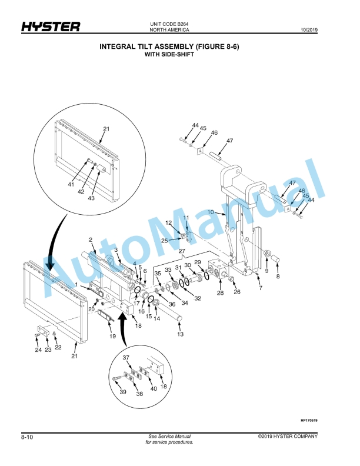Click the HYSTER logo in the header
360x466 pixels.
pyautogui.click(x=51, y=27)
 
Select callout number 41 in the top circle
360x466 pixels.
pyautogui.click(x=71, y=185)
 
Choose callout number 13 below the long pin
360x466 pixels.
pyautogui.click(x=181, y=334)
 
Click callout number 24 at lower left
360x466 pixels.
pyautogui.click(x=38, y=349)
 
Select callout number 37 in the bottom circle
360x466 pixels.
pyautogui.click(x=126, y=357)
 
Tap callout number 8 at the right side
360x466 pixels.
pyautogui.click(x=278, y=275)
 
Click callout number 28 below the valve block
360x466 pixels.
pyautogui.click(x=221, y=293)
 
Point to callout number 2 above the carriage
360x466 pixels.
pyautogui.click(x=91, y=239)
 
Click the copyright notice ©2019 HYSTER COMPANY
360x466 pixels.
pyautogui.click(x=288, y=437)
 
